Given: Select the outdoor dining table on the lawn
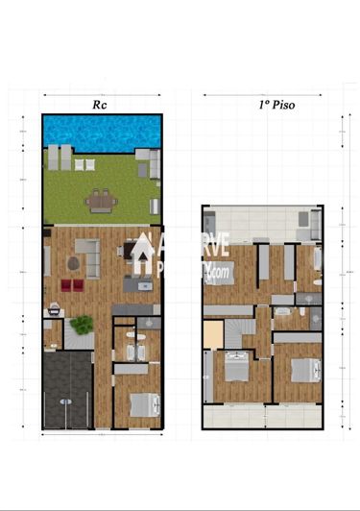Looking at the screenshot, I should (100, 201).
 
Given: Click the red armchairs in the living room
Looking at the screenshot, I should (72, 284).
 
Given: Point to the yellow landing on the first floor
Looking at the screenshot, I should (212, 335).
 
